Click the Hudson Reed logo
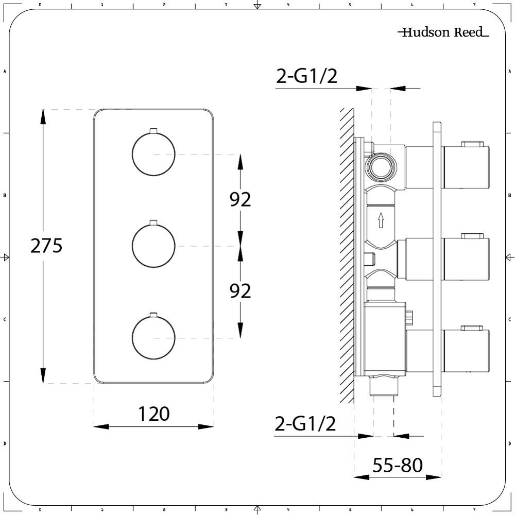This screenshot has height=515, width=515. tap(443, 32)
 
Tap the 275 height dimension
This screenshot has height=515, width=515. tap(46, 246)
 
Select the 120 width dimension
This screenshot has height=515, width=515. tap(153, 414)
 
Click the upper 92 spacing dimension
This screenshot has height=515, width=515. tap(240, 199)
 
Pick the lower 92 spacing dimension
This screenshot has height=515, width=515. tap(240, 290)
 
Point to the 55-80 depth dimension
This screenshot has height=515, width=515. tap(398, 465)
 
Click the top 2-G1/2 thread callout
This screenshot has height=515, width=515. tap(306, 76)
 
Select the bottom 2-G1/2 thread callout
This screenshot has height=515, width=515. tap(305, 424)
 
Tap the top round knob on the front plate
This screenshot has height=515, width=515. tap(153, 153)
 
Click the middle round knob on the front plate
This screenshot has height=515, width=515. tap(153, 246)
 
